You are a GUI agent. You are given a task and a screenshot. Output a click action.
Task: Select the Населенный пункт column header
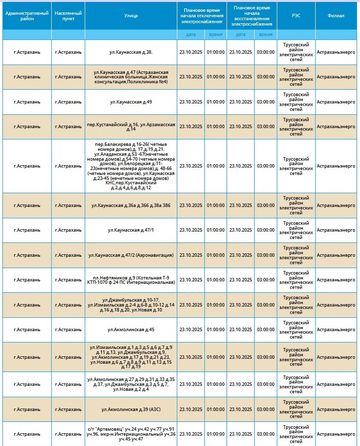pos(68,15)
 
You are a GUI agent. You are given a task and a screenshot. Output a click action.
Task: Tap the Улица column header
pos(131,15)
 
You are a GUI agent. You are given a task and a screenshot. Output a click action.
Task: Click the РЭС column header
pos(296,15)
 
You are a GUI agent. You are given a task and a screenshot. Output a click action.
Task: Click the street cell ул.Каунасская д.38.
pos(131,52)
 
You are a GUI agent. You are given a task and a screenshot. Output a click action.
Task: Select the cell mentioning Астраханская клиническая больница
pos(131,77)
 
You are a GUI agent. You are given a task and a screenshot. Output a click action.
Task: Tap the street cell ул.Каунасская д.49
pos(131,102)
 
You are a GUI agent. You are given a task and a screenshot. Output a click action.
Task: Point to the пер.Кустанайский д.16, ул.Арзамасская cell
pos(131,127)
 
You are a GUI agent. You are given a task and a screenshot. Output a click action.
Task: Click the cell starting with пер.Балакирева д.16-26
pos(131,166)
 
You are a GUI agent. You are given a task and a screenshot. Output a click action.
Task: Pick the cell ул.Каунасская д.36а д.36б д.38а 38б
pos(131,205)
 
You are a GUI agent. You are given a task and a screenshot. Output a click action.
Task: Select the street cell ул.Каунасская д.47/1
pos(131,230)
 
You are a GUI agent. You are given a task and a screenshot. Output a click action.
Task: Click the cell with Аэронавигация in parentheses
pos(131,255)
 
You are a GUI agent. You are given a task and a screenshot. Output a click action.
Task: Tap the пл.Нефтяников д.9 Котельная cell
pos(131,280)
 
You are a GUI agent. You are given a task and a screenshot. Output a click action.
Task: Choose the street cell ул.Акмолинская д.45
pos(131,330)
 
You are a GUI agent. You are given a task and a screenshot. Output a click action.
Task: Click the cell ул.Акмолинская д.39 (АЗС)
pos(131,409)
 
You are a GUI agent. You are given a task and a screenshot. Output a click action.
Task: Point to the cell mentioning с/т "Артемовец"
pos(131,434)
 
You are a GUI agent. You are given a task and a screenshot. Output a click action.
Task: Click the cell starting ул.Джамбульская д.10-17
pos(131,305)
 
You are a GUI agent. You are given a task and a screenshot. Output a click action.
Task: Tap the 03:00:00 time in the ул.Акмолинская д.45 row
pos(265,330)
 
